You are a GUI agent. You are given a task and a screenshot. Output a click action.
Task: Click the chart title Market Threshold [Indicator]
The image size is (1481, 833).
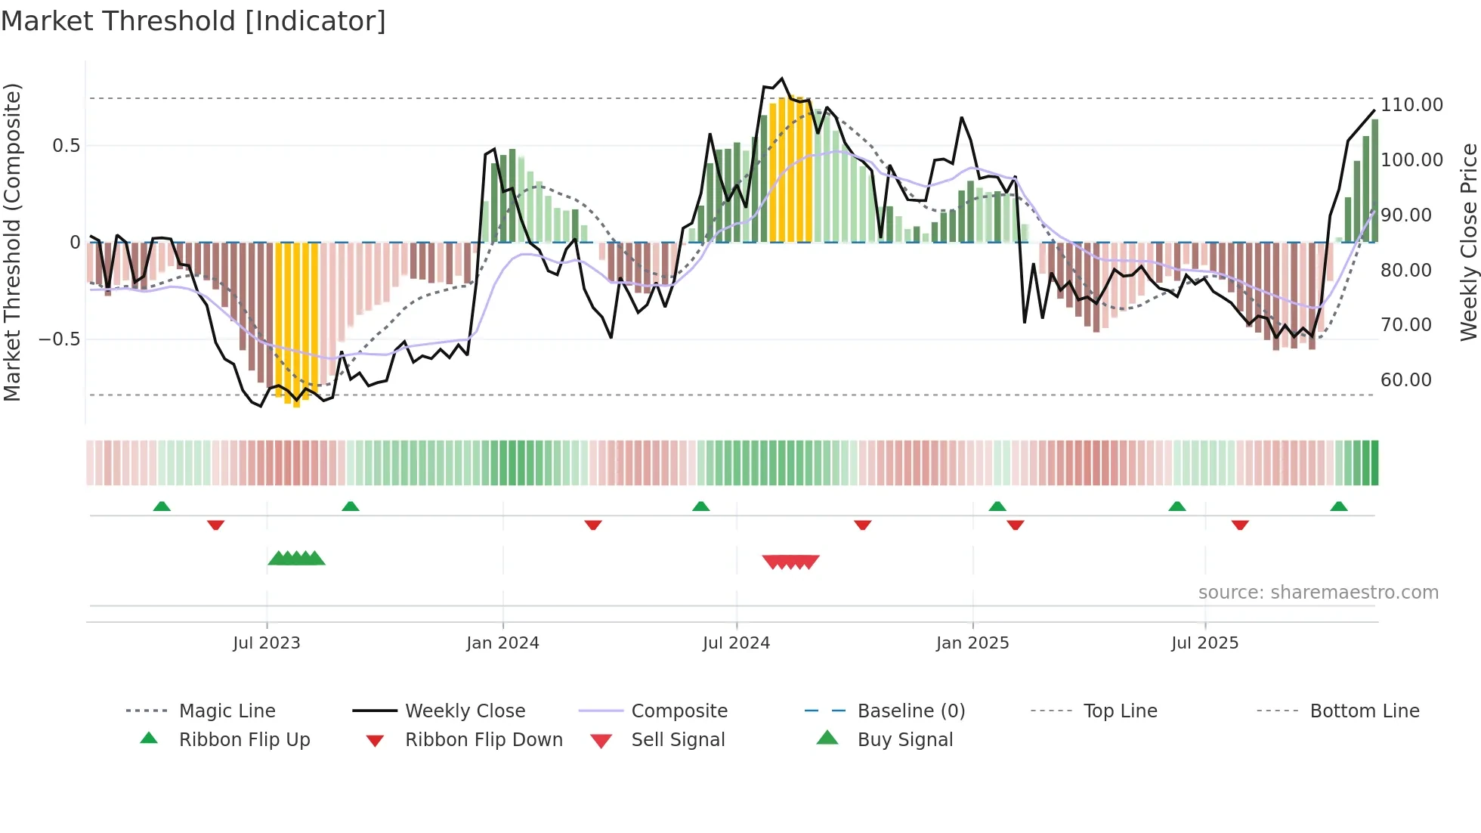[x=193, y=21]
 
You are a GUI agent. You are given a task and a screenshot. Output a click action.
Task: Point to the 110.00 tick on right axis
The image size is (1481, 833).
[x=1411, y=105]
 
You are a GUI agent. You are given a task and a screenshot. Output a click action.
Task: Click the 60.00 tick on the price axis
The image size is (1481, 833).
[x=1405, y=380]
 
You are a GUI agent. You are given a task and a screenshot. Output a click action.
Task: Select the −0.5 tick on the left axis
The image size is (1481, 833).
[x=60, y=339]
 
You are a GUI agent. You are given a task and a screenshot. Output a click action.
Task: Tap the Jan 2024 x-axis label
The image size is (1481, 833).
[x=502, y=643]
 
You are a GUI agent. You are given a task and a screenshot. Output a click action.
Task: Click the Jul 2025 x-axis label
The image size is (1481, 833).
[x=1204, y=643]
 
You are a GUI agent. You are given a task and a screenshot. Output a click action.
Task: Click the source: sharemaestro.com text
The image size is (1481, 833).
[x=1318, y=593]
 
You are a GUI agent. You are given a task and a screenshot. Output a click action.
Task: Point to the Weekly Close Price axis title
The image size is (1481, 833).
[x=1468, y=242]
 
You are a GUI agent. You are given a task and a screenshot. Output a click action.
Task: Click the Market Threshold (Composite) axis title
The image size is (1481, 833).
[x=12, y=242]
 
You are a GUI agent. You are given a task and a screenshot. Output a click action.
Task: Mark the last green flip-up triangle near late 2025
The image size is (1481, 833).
[x=1338, y=506]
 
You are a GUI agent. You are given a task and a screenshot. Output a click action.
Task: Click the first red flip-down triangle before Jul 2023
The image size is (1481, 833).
[x=215, y=525]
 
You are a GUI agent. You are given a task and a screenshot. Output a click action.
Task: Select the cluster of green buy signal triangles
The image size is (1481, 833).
[x=296, y=559]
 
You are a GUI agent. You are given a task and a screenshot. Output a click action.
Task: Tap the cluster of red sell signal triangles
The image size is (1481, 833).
[x=790, y=562]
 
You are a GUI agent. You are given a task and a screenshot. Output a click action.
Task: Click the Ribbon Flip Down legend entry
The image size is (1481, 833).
[x=483, y=740]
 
